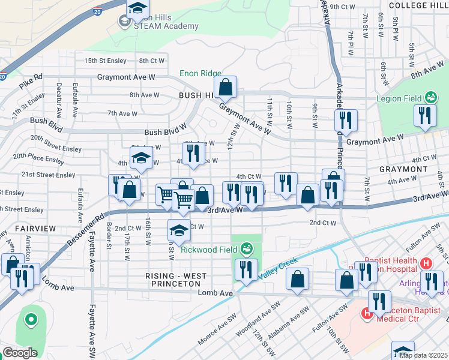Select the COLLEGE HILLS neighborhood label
[x=418, y=5]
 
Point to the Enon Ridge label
[x=200, y=74]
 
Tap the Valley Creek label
[x=277, y=268]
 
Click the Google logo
[x=20, y=353]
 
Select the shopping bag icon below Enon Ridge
[x=226, y=88]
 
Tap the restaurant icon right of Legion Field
[x=425, y=115]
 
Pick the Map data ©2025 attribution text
[x=423, y=355]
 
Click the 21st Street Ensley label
[x=48, y=175]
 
